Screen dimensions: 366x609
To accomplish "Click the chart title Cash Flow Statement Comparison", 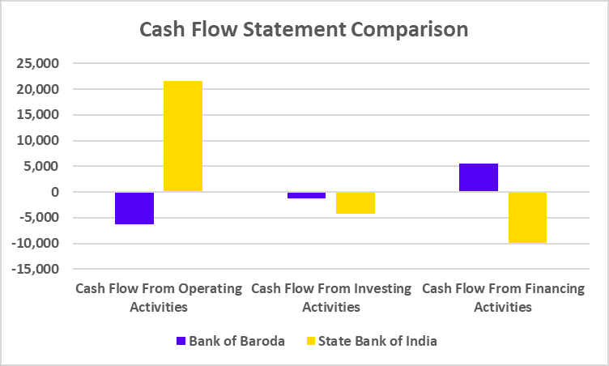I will tap(304, 29).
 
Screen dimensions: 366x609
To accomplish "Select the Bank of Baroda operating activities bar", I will tap(134, 208).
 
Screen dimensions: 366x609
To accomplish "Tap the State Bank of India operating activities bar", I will tap(183, 136).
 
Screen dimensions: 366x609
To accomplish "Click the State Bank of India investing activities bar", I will tap(356, 203).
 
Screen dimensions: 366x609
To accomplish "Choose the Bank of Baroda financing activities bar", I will tap(479, 177).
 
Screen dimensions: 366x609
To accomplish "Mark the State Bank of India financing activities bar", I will tap(527, 217).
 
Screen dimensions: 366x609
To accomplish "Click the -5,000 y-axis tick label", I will tap(39, 218).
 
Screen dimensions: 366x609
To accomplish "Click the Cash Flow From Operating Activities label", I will tap(159, 297).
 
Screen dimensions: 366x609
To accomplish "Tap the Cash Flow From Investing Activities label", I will tap(331, 297).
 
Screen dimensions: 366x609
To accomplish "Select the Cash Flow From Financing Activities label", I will tap(503, 297).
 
